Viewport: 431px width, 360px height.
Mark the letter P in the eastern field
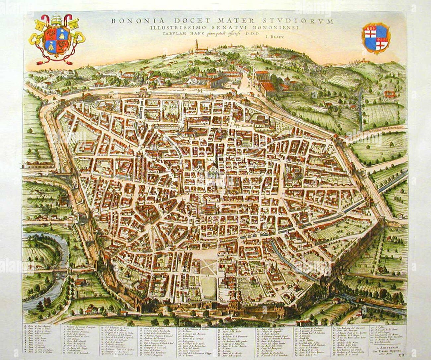click(x=382, y=154)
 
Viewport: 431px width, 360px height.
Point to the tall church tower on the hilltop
click(x=197, y=45)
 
